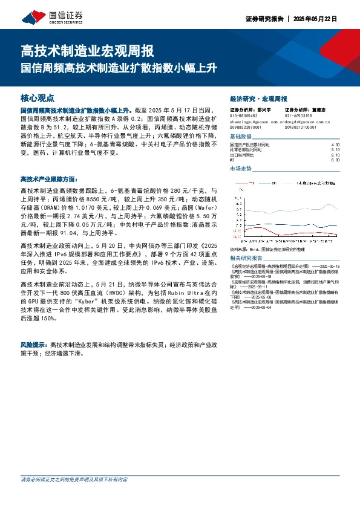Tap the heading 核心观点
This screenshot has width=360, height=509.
click(x=38, y=97)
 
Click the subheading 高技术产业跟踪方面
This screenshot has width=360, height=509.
click(x=48, y=179)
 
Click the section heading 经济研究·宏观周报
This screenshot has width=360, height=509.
click(x=258, y=98)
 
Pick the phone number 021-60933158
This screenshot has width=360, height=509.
click(x=298, y=115)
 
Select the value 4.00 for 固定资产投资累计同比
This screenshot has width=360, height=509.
click(x=335, y=146)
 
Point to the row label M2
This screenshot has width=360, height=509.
click(x=233, y=160)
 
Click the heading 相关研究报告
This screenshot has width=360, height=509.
click(x=246, y=258)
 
